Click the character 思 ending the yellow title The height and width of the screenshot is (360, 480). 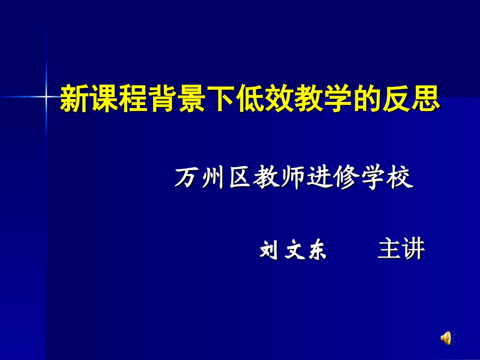pos(425,98)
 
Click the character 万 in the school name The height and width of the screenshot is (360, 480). pos(186,178)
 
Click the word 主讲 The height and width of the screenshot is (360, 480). pos(401,249)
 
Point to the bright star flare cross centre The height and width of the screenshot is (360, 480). pos(46,96)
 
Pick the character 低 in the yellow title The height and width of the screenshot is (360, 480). pos(250,98)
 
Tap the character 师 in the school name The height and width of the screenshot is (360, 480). pos(295,178)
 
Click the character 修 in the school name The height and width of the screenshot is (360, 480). pos(349,178)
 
